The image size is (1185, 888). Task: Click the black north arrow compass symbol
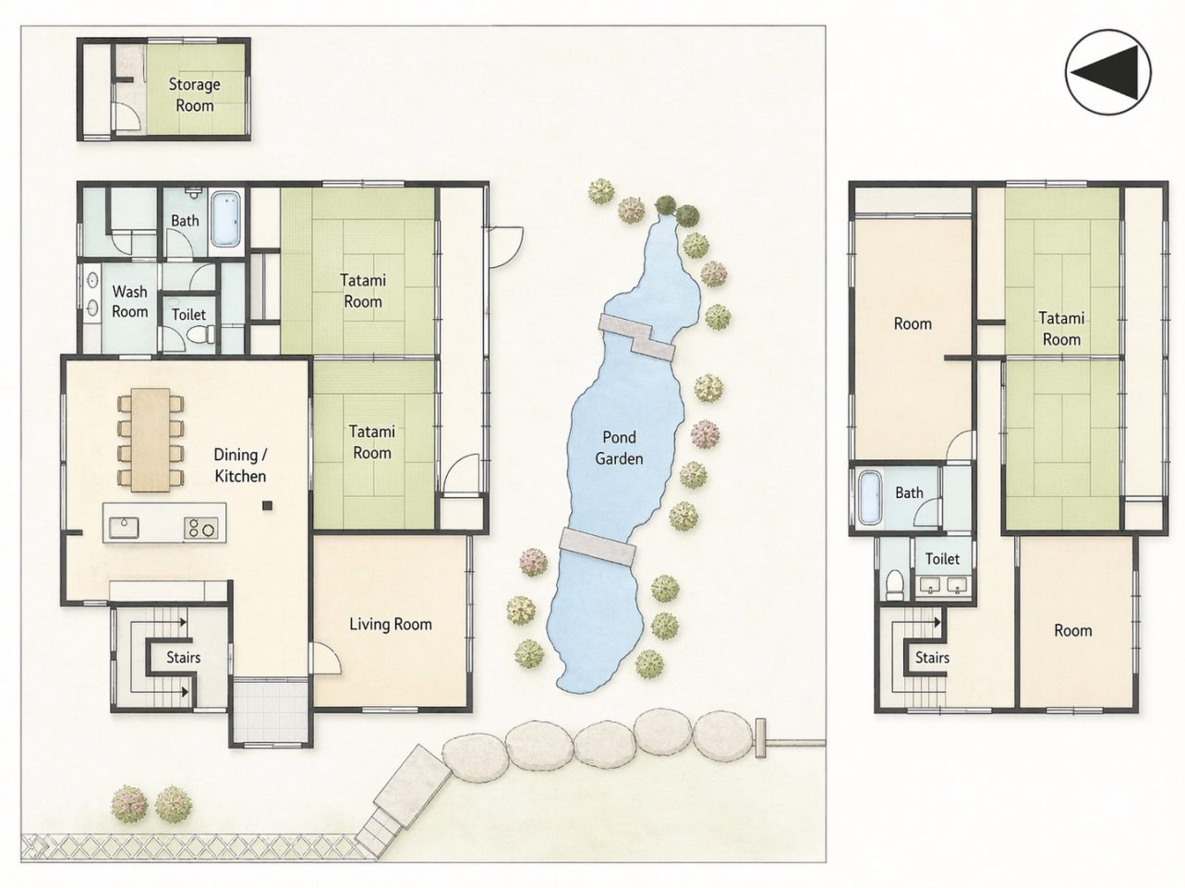pyautogui.click(x=1107, y=72)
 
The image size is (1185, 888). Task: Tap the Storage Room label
pyautogui.click(x=194, y=94)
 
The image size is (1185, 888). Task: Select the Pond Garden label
pyautogui.click(x=619, y=448)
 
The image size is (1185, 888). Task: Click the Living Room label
pyautogui.click(x=391, y=625)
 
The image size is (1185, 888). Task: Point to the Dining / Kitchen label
pyautogui.click(x=240, y=465)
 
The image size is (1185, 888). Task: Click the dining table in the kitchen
pyautogui.click(x=151, y=440)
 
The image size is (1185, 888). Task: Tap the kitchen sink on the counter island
pyautogui.click(x=124, y=528)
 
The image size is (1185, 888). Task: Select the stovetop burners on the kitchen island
pyautogui.click(x=200, y=529)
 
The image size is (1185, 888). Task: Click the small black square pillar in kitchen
pyautogui.click(x=267, y=505)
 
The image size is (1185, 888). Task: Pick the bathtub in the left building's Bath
pyautogui.click(x=224, y=219)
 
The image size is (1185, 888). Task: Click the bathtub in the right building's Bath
pyautogui.click(x=869, y=497)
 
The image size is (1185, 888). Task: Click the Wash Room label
pyautogui.click(x=129, y=301)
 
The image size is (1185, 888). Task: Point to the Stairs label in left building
pyautogui.click(x=184, y=657)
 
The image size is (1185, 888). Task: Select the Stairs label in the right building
pyautogui.click(x=932, y=657)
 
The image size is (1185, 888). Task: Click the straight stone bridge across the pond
pyautogui.click(x=598, y=547)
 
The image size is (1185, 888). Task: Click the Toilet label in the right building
pyautogui.click(x=943, y=558)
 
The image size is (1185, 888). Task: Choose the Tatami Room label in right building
pyautogui.click(x=1061, y=328)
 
